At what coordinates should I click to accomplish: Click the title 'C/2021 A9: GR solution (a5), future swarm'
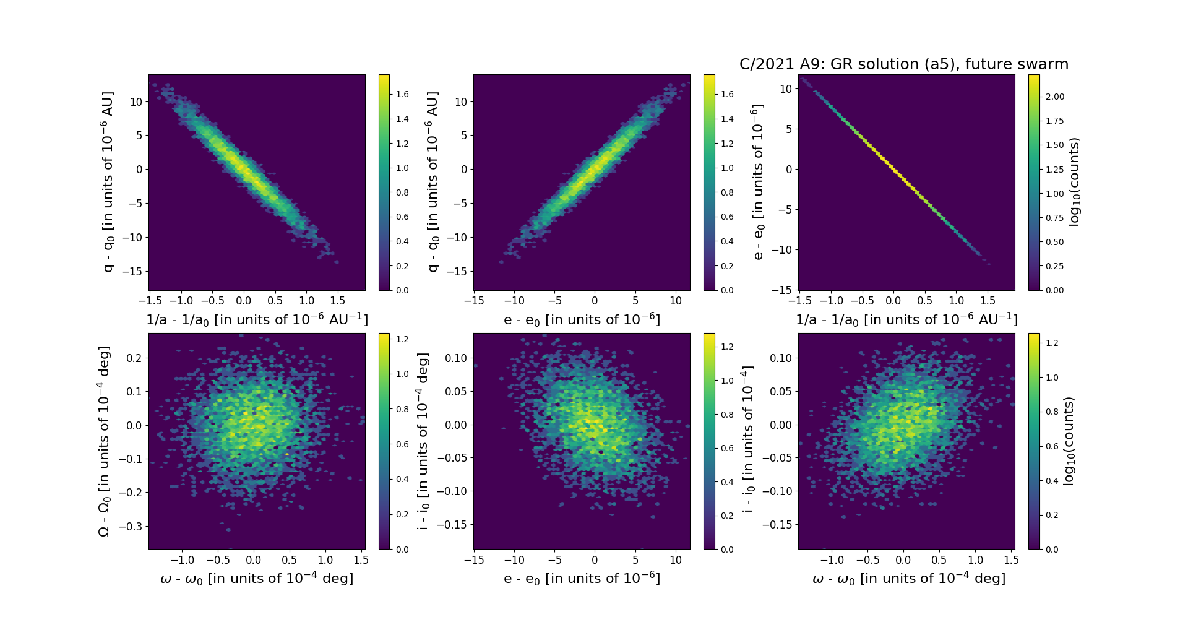pos(903,64)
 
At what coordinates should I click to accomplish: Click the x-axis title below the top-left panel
pos(257,319)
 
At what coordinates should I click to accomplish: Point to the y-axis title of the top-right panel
pos(757,182)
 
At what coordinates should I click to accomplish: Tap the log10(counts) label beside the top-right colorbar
pos(1074,182)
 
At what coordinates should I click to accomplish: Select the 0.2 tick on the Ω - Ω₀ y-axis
pos(135,358)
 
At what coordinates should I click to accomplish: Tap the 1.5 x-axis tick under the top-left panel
pos(337,301)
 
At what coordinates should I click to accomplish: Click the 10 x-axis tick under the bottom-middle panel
pos(676,560)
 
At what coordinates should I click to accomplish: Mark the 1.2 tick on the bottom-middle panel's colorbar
pos(727,347)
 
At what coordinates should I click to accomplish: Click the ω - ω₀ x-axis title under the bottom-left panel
pos(257,578)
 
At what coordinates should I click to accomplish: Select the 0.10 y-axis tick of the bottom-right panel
pos(781,358)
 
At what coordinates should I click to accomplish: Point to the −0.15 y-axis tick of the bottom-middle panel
pos(454,525)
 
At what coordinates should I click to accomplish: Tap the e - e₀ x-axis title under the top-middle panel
pos(582,319)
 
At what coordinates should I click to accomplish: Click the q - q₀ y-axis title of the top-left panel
pos(108,182)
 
